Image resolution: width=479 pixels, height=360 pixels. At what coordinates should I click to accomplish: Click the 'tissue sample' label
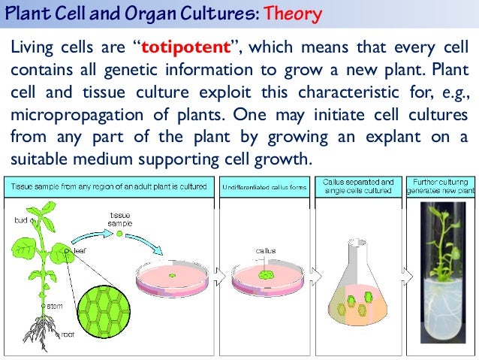point(120,219)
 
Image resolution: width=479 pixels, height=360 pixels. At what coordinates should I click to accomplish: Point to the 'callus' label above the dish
point(265,251)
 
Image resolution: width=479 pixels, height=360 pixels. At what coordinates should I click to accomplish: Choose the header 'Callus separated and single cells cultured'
point(357,186)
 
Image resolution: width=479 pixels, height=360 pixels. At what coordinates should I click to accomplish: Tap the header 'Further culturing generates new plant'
point(441,186)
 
